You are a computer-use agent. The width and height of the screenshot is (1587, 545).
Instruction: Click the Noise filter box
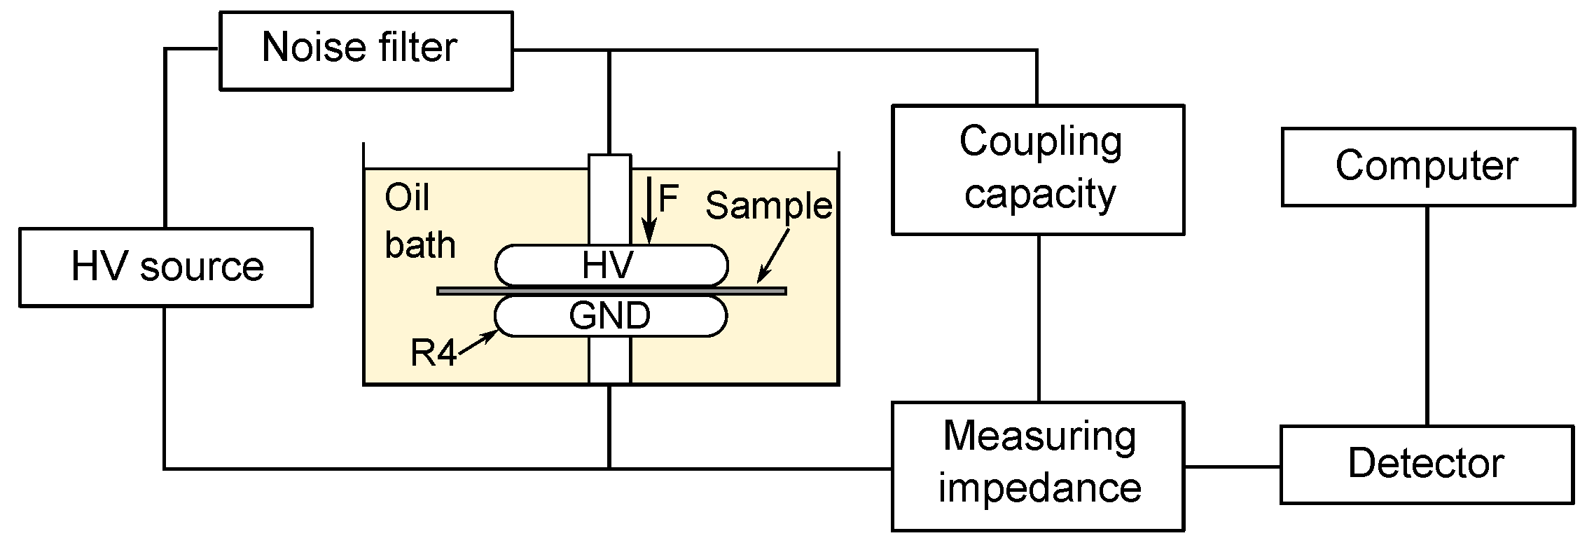tap(366, 50)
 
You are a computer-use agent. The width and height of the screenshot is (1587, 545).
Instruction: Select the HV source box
tap(165, 267)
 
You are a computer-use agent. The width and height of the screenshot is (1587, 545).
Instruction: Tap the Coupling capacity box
tap(1038, 170)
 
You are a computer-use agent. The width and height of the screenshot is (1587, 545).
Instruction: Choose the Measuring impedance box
tap(1038, 465)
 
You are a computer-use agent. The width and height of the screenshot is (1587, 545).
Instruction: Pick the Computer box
tap(1427, 167)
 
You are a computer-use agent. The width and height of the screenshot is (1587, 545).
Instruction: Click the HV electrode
tap(611, 265)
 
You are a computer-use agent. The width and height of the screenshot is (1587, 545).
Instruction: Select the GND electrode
tap(611, 316)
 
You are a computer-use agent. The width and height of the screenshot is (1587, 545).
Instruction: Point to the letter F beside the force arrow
tap(668, 199)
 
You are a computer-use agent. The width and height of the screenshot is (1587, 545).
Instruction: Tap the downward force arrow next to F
tap(651, 210)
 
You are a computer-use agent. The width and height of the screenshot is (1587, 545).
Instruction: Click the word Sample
tap(768, 205)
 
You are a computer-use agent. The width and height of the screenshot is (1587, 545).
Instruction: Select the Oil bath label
tap(418, 221)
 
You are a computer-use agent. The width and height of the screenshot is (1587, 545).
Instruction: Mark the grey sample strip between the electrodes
tap(756, 291)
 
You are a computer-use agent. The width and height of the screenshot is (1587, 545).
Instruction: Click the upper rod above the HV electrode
tap(609, 200)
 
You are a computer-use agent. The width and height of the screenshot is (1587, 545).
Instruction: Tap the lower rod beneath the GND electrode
tap(609, 360)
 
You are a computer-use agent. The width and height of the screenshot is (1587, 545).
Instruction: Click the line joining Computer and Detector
tap(1427, 315)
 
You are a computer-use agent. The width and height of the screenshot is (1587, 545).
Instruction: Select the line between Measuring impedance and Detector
tap(1233, 466)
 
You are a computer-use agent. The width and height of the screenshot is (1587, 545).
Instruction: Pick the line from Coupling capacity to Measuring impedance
tap(1038, 318)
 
